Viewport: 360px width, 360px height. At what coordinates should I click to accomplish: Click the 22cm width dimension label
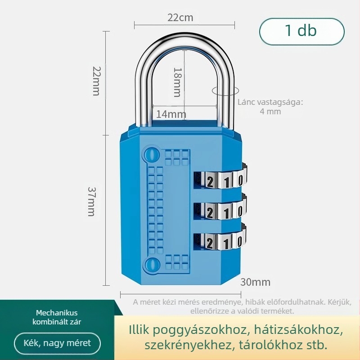pos(180,18)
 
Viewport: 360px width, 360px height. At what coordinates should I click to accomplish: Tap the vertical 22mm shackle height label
pos(96,81)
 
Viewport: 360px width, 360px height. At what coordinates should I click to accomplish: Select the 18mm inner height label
pos(177,82)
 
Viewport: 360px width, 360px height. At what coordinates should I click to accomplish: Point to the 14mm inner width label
pos(171,114)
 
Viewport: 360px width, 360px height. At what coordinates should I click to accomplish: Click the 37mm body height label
pos(91,202)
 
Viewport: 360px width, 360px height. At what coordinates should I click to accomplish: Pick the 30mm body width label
pos(255,282)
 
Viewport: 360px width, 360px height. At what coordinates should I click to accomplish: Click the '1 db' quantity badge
pos(301,31)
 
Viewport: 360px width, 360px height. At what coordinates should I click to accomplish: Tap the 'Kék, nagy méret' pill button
pos(58,343)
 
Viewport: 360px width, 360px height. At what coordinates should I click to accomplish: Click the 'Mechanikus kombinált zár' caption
pos(57,317)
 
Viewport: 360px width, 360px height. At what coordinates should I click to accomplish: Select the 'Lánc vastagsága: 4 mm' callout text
pos(270,107)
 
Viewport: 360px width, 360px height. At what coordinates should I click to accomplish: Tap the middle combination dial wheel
pos(221,210)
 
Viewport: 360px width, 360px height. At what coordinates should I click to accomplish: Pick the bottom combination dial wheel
pos(221,240)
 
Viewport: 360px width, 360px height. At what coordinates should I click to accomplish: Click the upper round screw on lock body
pos(152,154)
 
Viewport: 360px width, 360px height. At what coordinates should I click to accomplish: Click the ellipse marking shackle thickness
pos(225,90)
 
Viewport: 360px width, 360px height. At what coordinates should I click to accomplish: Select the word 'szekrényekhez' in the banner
pos(188,346)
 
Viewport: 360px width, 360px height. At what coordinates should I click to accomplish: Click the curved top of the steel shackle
pos(184,40)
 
